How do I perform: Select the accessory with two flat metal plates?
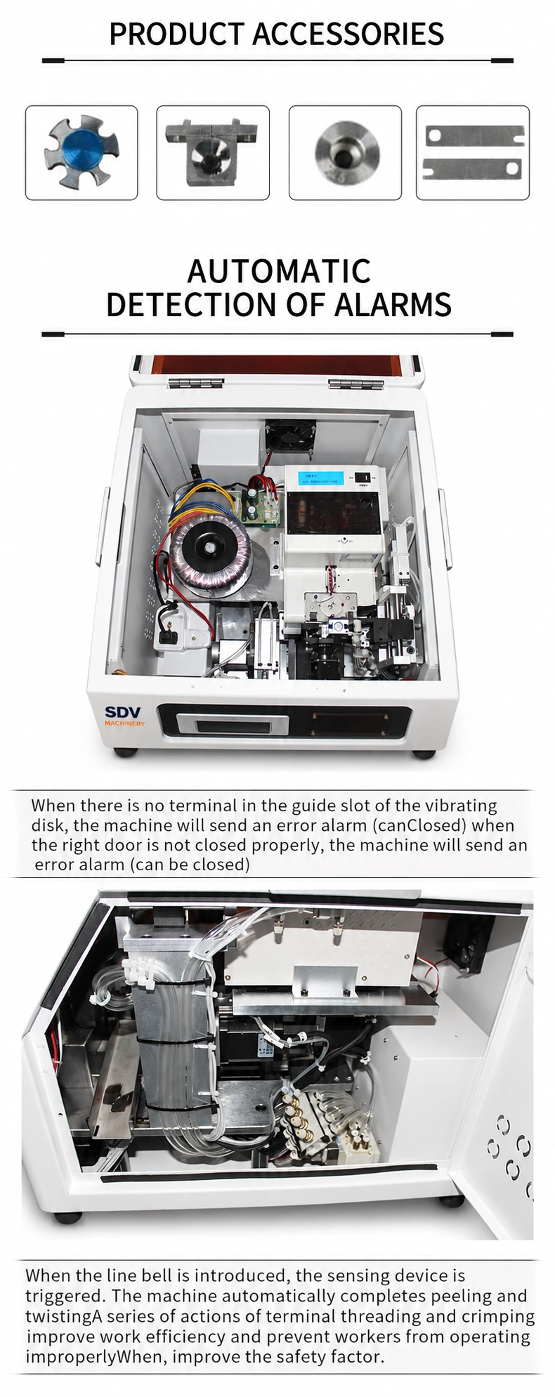(474, 152)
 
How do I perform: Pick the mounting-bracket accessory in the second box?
(212, 152)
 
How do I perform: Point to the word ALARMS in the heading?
(393, 304)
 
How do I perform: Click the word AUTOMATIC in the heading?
(279, 271)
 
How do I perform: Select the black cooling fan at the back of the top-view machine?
(289, 441)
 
